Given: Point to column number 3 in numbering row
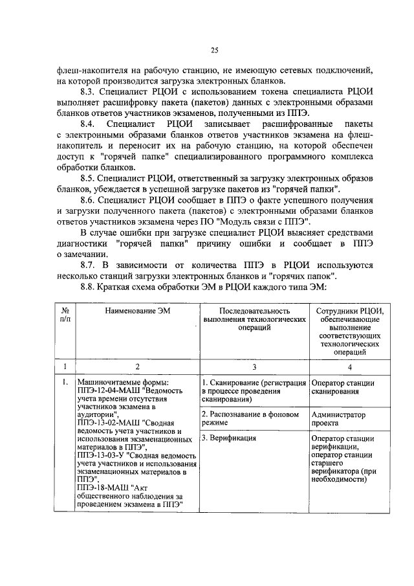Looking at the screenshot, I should pyautogui.click(x=254, y=366).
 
